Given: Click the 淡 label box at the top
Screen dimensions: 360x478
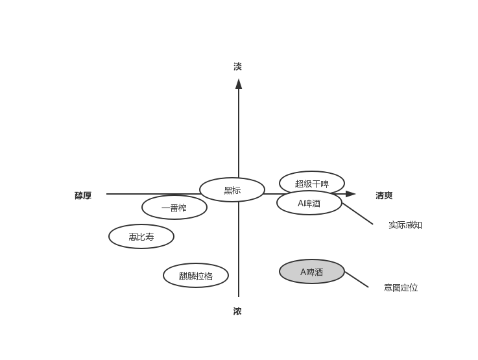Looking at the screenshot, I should (x=238, y=66).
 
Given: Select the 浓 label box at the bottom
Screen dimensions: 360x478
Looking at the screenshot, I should (x=238, y=311).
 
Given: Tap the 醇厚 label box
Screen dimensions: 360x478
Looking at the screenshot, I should (x=83, y=195).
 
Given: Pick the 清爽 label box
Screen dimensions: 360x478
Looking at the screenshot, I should (x=384, y=195).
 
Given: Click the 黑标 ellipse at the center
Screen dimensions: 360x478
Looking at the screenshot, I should (x=232, y=190).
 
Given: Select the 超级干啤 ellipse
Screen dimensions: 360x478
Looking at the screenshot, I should (x=312, y=184).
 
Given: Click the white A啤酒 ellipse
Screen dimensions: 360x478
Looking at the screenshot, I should (x=309, y=203).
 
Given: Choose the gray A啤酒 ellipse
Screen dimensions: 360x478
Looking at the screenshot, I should (x=312, y=272).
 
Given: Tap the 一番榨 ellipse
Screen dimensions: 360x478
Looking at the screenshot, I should (x=174, y=208).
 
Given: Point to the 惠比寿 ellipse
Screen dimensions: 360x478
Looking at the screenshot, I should (x=141, y=237).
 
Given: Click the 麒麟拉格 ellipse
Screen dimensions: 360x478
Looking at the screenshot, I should (x=196, y=275).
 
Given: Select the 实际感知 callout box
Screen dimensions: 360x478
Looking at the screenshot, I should (x=405, y=224).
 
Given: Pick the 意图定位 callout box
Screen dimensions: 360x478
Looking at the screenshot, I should (x=400, y=287).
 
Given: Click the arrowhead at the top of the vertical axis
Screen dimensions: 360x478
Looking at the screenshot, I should (x=239, y=83).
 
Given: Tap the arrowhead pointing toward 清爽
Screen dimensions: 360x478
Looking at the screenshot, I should (x=351, y=194).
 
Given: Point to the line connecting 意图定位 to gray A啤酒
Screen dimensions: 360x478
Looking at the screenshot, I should (x=356, y=280).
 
